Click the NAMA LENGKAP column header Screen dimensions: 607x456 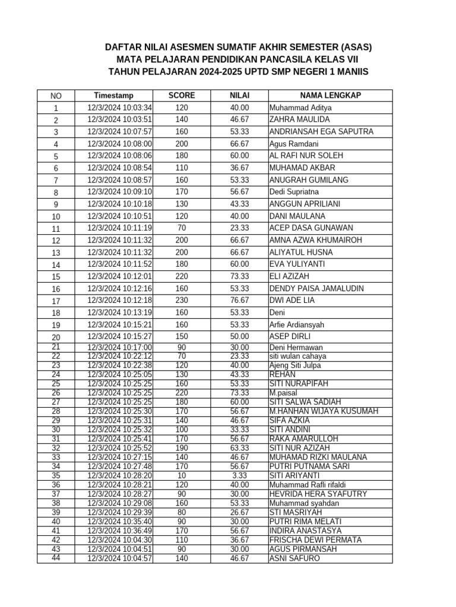(x=330, y=95)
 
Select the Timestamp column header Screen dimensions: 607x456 (x=113, y=95)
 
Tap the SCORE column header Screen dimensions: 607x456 (x=181, y=95)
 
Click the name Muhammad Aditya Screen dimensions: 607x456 (x=300, y=108)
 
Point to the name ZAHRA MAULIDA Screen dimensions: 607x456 (x=299, y=120)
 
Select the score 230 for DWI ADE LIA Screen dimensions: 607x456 (x=181, y=301)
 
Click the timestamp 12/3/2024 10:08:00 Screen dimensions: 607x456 (x=120, y=144)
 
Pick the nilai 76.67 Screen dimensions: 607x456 (x=240, y=301)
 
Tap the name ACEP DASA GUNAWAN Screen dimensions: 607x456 (x=311, y=228)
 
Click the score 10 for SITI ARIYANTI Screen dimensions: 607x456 (x=181, y=475)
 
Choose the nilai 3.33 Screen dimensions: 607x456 (x=240, y=475)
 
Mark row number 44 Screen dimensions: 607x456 (x=56, y=558)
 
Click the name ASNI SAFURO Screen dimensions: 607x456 (x=294, y=558)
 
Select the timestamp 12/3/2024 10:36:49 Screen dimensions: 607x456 (x=120, y=531)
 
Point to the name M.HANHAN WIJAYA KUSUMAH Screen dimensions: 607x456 (x=324, y=411)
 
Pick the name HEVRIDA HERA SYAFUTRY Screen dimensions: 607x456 (x=318, y=494)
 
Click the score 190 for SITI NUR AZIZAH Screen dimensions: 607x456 (x=181, y=448)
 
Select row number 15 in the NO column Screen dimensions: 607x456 (x=56, y=277)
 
